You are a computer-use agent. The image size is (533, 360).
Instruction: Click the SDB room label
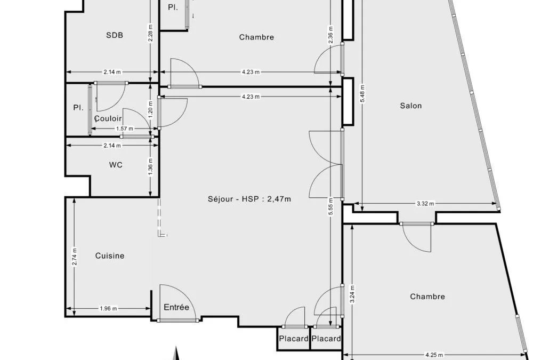(115, 35)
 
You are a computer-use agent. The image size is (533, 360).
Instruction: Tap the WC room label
(116, 165)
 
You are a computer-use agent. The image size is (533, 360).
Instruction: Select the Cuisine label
(110, 256)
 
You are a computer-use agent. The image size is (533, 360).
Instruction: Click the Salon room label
(411, 106)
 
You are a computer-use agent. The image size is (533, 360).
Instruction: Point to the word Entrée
(176, 307)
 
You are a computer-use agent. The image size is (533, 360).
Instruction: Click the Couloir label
(108, 119)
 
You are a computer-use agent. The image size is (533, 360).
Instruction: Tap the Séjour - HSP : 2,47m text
(249, 199)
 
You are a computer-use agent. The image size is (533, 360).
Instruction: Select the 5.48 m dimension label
(362, 93)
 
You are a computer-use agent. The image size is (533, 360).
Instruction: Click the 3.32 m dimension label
(425, 204)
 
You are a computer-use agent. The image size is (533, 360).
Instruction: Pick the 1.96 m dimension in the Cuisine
(108, 309)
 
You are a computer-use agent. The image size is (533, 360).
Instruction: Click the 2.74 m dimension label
(75, 257)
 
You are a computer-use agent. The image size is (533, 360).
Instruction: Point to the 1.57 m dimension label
(125, 129)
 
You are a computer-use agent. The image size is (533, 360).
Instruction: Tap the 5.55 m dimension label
(331, 207)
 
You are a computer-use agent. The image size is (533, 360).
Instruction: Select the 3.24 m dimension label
(352, 294)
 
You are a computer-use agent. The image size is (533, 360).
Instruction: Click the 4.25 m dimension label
(434, 355)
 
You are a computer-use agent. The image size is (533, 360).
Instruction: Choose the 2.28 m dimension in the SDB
(151, 33)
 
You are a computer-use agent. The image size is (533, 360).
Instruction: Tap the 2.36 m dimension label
(331, 35)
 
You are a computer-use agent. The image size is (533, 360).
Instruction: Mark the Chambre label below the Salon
(427, 297)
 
